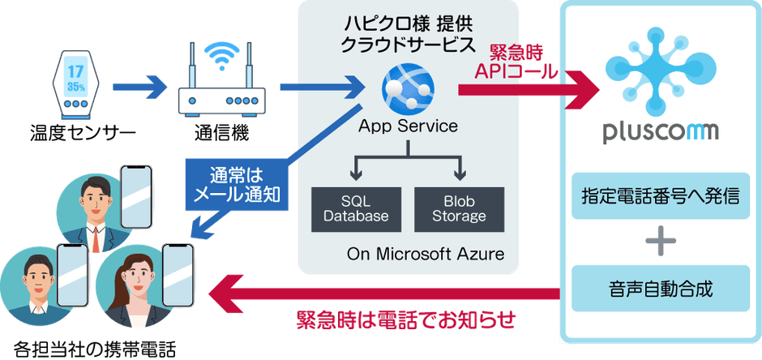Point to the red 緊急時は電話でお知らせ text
click(x=406, y=319)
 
